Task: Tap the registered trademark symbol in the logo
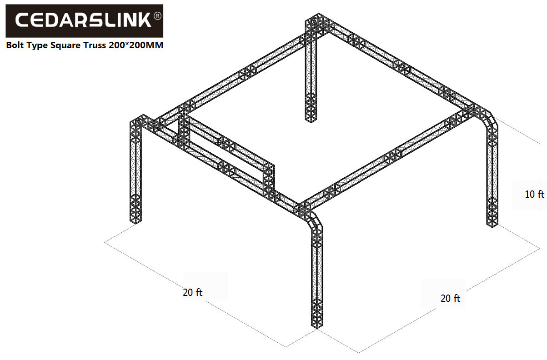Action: click(157, 16)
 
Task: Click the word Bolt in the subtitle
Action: click(15, 45)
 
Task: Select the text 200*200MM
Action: click(136, 45)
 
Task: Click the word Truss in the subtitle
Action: click(95, 45)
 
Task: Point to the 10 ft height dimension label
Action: click(534, 194)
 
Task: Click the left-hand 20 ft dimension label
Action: click(192, 292)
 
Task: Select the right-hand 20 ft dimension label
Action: click(450, 298)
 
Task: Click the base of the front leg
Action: click(317, 326)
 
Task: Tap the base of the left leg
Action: click(135, 220)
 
